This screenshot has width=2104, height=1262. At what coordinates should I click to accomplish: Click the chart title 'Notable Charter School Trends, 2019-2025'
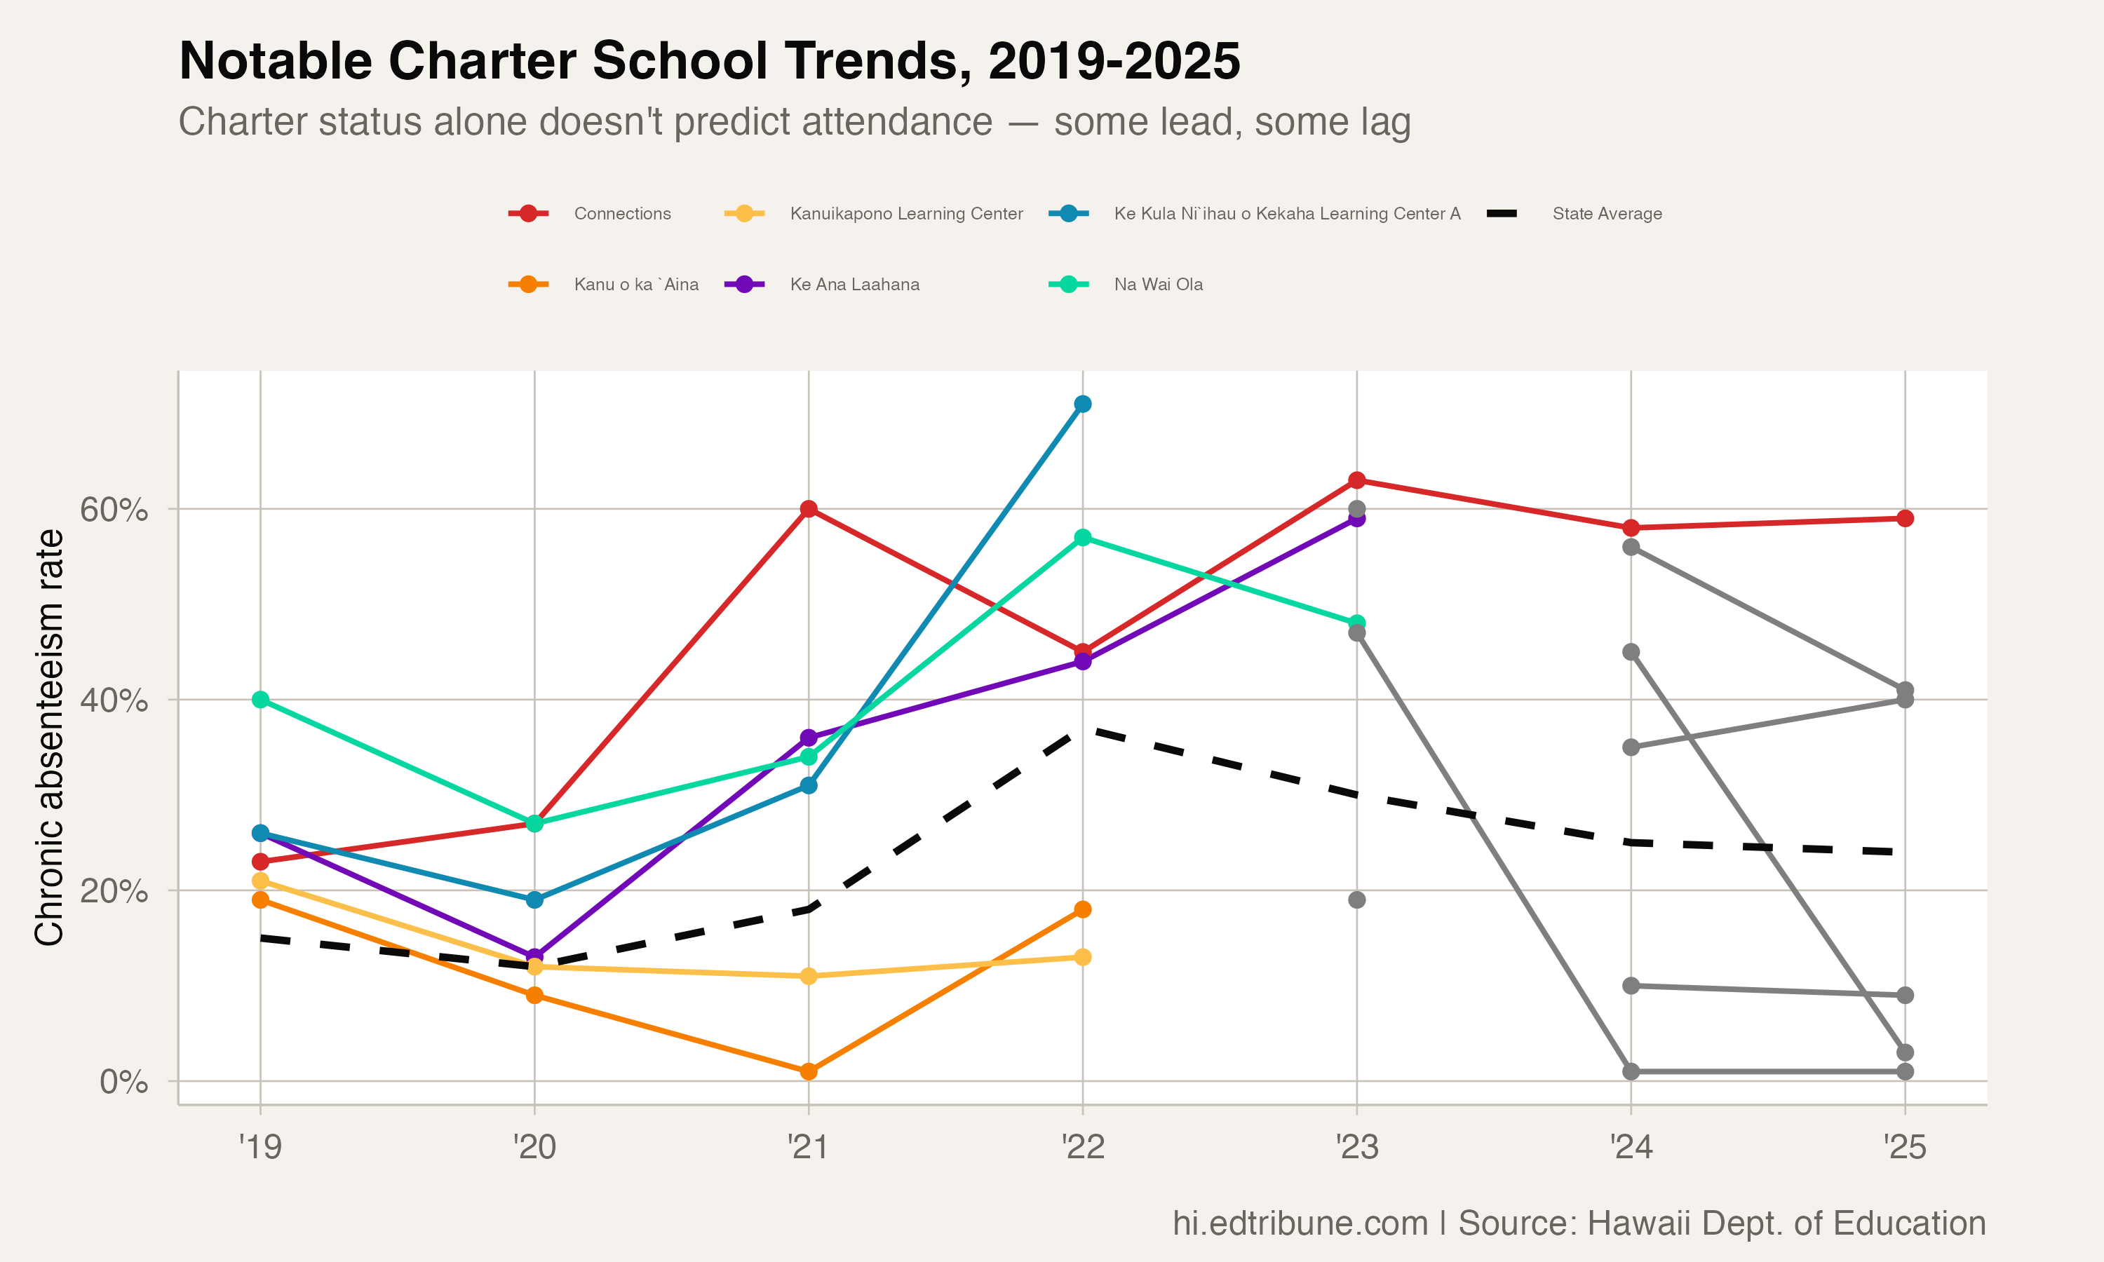(x=709, y=61)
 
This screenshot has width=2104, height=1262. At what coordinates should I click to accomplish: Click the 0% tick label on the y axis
(x=123, y=1082)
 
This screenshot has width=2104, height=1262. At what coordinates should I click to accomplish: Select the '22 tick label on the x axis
(x=1083, y=1147)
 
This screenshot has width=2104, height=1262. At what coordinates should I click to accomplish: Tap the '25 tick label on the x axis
(x=1905, y=1147)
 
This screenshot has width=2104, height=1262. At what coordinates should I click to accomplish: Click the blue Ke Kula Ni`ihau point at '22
(x=1083, y=404)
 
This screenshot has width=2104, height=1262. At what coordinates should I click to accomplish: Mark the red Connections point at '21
(x=809, y=510)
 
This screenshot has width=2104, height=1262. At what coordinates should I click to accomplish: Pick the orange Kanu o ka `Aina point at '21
(x=809, y=1071)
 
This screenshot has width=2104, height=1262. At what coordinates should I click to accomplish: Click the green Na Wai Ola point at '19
(x=260, y=700)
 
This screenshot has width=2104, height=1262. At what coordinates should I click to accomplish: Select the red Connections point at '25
(x=1905, y=519)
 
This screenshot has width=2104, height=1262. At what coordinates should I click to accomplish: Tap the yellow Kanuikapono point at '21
(x=809, y=976)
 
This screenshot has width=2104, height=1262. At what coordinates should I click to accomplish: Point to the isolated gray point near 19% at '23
(x=1357, y=900)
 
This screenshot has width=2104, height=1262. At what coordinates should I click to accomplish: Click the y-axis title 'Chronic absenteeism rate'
(x=49, y=738)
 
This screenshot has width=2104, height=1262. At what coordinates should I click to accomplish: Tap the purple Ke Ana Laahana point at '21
(x=809, y=738)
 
